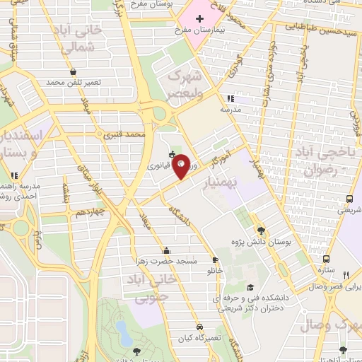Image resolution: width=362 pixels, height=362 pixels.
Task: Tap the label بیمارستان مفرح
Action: (204, 32)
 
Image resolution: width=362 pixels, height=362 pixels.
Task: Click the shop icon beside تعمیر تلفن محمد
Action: (74, 71)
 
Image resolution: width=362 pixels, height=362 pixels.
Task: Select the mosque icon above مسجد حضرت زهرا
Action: (166, 250)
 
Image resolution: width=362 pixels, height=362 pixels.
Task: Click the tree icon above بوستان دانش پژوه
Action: (261, 230)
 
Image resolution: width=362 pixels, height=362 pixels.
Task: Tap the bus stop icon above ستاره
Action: (325, 259)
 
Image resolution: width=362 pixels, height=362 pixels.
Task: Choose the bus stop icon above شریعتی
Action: (347, 199)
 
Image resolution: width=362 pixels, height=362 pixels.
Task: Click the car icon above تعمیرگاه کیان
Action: (200, 327)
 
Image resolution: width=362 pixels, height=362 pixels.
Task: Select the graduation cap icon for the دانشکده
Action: (250, 287)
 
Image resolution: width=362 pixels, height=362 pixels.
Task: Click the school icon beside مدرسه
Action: (229, 99)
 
